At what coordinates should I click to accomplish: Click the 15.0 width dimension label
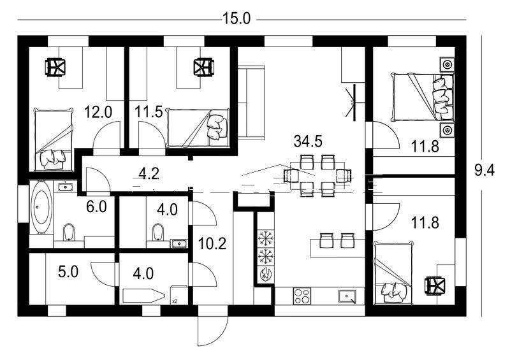click(237, 18)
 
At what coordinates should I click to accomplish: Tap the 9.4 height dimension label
click(484, 170)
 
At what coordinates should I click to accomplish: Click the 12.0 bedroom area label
click(98, 112)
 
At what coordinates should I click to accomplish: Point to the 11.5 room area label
click(149, 112)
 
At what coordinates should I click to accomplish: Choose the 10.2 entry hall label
click(212, 243)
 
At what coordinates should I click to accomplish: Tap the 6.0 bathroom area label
click(96, 206)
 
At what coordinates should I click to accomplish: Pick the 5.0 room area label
click(68, 271)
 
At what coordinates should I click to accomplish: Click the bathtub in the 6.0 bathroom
click(41, 207)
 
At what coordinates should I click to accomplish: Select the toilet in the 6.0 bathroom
click(68, 232)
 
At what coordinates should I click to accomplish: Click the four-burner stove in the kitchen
click(302, 296)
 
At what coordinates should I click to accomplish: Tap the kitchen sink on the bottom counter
click(347, 296)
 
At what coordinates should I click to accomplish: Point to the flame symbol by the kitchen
click(265, 274)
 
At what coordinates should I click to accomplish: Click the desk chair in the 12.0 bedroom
click(55, 68)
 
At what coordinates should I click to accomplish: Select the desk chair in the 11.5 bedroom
click(203, 68)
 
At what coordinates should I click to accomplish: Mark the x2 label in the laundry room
click(174, 301)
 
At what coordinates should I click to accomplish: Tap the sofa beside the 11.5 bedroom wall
click(251, 103)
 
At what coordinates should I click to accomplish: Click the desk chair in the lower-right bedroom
click(435, 285)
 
